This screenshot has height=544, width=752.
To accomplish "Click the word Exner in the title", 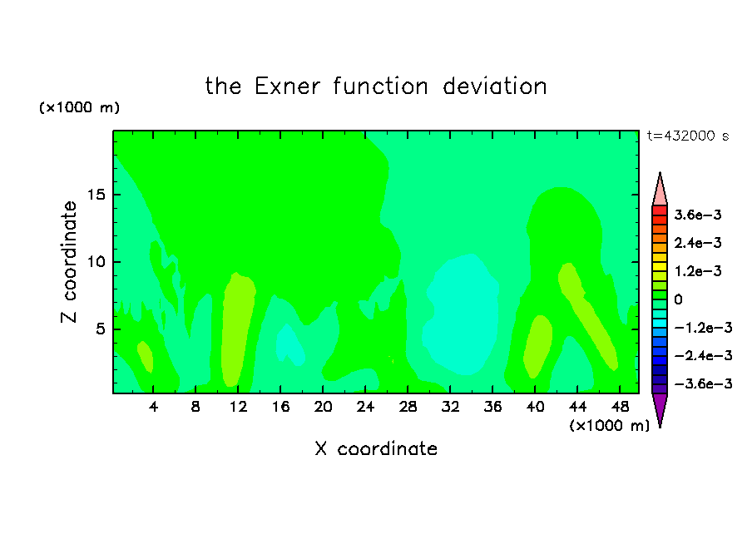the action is click(287, 87).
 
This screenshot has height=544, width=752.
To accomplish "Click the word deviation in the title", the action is click(495, 87).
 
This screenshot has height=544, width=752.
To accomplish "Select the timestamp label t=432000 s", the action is click(688, 136).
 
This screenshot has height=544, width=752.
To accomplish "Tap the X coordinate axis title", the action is click(377, 448).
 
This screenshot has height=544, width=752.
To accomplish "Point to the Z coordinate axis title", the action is click(68, 262).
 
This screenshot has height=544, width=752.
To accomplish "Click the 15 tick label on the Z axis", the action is click(96, 195).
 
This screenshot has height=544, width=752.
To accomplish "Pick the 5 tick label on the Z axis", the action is click(101, 329).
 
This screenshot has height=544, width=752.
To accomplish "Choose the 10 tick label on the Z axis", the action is click(96, 262).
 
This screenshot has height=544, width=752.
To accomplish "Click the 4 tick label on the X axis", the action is click(153, 407).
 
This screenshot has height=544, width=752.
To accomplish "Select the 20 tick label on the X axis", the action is click(323, 407).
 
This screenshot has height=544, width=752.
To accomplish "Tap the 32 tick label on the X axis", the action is click(450, 407).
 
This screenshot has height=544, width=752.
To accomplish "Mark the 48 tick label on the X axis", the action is click(620, 407).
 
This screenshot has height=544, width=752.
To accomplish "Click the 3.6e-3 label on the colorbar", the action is click(698, 215).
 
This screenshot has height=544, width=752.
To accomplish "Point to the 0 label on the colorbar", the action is click(678, 299).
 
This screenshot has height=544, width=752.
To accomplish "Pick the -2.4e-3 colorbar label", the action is click(703, 355).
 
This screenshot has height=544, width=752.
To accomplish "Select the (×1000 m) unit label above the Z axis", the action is click(79, 107).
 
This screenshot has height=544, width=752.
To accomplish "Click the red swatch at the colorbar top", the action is click(660, 210).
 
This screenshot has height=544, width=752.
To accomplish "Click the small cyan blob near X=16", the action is click(289, 345).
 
